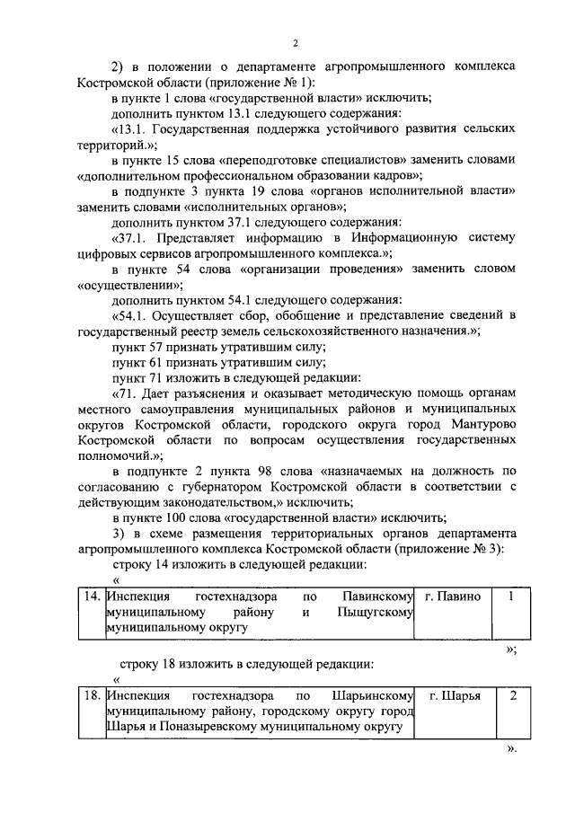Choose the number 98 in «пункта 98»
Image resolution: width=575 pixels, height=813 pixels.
270,471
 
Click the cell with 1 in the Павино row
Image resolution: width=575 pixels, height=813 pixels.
511,596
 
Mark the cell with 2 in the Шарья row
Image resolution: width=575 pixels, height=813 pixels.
511,695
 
